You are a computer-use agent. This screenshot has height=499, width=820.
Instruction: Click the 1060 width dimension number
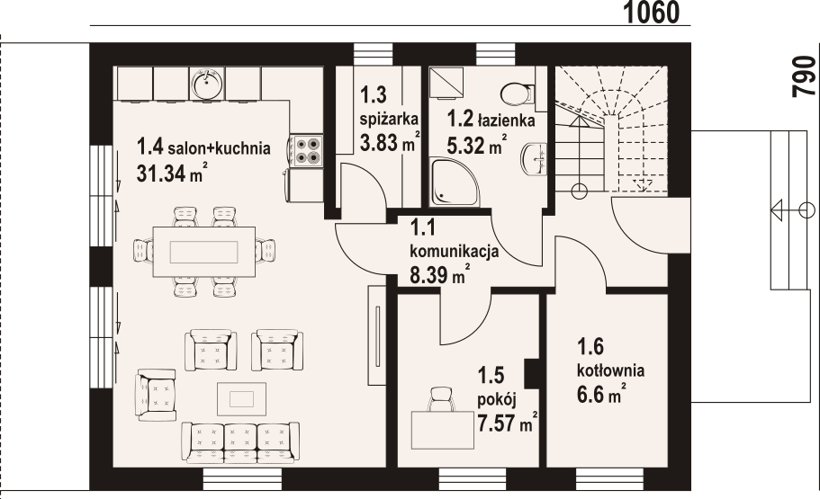(x=653, y=13)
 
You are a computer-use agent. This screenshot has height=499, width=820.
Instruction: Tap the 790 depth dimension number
(x=805, y=76)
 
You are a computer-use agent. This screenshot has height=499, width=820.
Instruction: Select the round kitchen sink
(x=207, y=83)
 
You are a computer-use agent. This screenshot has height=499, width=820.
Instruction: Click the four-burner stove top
(x=306, y=150)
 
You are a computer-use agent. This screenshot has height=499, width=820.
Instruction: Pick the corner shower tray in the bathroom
(x=454, y=183)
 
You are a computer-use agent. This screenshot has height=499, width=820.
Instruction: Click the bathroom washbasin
(x=534, y=159)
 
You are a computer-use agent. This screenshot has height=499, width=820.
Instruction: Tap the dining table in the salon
(x=204, y=252)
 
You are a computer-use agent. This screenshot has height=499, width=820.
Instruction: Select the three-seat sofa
(x=240, y=442)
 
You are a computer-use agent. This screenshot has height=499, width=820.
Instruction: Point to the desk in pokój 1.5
(x=443, y=431)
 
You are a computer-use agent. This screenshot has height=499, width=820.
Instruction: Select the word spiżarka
(x=389, y=120)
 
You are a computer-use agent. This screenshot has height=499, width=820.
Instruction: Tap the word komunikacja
(x=454, y=252)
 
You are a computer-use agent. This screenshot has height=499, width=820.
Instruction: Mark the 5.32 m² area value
(x=476, y=145)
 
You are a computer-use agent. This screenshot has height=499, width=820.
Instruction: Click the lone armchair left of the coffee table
(x=156, y=395)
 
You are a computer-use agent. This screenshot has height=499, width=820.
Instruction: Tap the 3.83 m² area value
(x=390, y=142)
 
